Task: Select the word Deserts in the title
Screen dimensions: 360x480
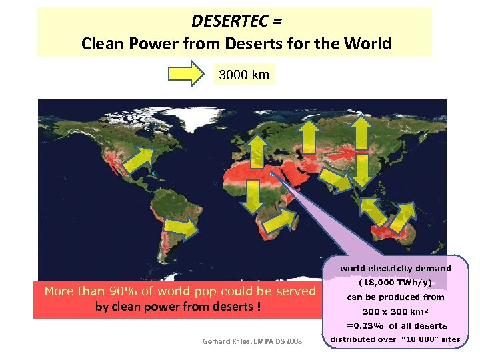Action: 249,44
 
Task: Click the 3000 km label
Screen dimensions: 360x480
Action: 244,75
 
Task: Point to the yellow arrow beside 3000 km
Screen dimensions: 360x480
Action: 189,74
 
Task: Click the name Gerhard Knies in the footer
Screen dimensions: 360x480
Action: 224,341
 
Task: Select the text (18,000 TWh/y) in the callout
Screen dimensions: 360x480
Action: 395,283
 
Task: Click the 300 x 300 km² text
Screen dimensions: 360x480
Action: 395,311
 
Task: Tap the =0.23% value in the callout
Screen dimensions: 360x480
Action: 365,325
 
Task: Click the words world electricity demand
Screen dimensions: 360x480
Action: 395,269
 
